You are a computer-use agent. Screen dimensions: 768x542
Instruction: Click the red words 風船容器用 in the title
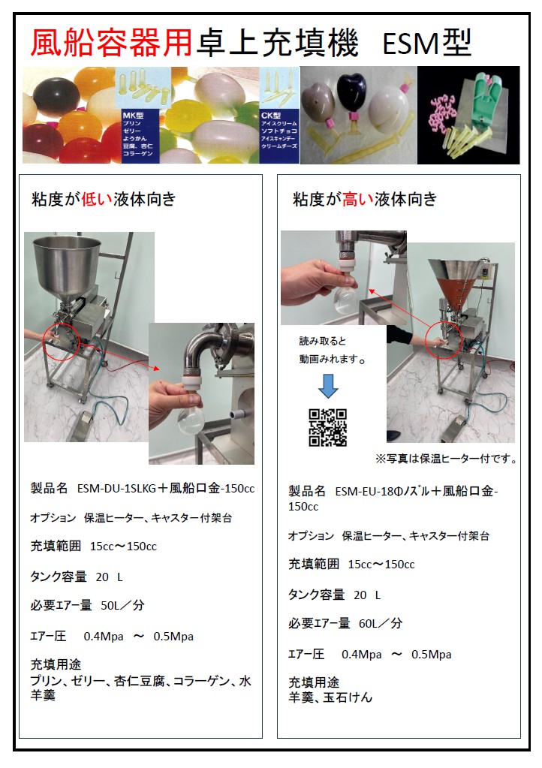111,43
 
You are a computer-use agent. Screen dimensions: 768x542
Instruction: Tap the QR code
328,427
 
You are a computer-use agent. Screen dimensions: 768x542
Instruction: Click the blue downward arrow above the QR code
328,384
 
